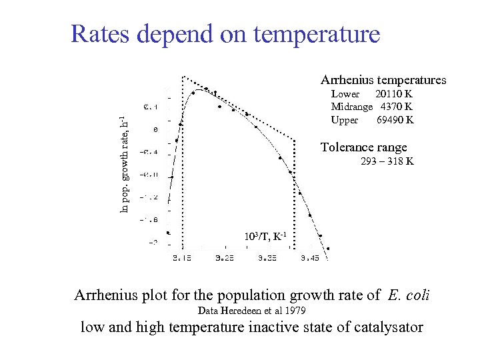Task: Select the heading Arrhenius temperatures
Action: pyautogui.click(x=383, y=80)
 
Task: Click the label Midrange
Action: pyautogui.click(x=352, y=107)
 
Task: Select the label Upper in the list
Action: pyautogui.click(x=345, y=120)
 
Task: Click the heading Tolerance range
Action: pyautogui.click(x=363, y=147)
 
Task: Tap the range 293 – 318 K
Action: pyautogui.click(x=387, y=161)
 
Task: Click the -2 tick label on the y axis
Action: pyautogui.click(x=153, y=242)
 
